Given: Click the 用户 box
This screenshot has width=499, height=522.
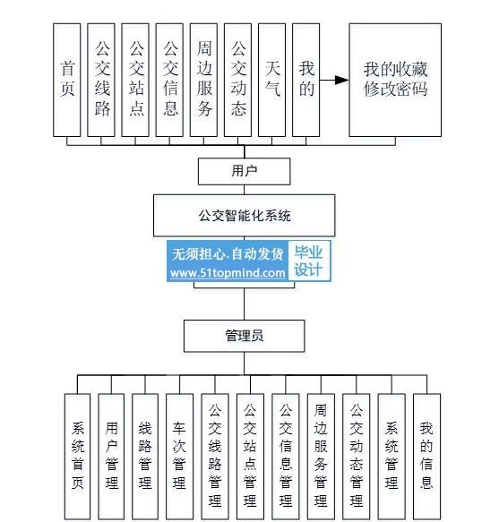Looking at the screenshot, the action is coord(245,171).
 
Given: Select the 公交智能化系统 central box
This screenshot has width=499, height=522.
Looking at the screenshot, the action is coord(245,216).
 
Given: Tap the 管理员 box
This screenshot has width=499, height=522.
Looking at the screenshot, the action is coord(245,336).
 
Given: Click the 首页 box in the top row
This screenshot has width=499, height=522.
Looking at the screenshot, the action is coord(67,80).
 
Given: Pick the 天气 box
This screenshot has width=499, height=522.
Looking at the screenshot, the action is coord(271,80).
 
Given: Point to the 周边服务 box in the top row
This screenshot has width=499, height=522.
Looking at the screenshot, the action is coord(203,80).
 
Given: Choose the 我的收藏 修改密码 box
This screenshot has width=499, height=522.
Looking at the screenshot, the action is coord(395,80).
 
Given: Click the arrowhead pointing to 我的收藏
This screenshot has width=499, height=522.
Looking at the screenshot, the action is coord(341,80).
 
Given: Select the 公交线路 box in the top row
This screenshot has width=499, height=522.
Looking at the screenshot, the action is coord(101,80).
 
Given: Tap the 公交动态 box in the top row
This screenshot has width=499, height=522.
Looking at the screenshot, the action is coord(237,80).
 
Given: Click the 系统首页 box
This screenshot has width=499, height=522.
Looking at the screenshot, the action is coord(77,456).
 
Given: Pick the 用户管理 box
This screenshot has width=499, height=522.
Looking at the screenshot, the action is coord(111,456).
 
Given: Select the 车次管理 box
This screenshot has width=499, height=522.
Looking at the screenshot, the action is coord(179,456).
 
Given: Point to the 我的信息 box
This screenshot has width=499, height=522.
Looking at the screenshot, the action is coord(426,456).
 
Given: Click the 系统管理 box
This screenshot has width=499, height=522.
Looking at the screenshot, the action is coord(391,456).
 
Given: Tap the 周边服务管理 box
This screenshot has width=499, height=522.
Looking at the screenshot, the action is coord(321,456).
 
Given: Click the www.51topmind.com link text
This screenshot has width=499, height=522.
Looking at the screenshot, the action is coord(228,273).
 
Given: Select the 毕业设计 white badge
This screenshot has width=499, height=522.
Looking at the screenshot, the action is coord(309,261).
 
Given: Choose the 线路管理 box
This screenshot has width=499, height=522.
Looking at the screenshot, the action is coord(145,456).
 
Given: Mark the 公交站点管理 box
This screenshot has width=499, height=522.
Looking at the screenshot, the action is coord(250,456).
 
